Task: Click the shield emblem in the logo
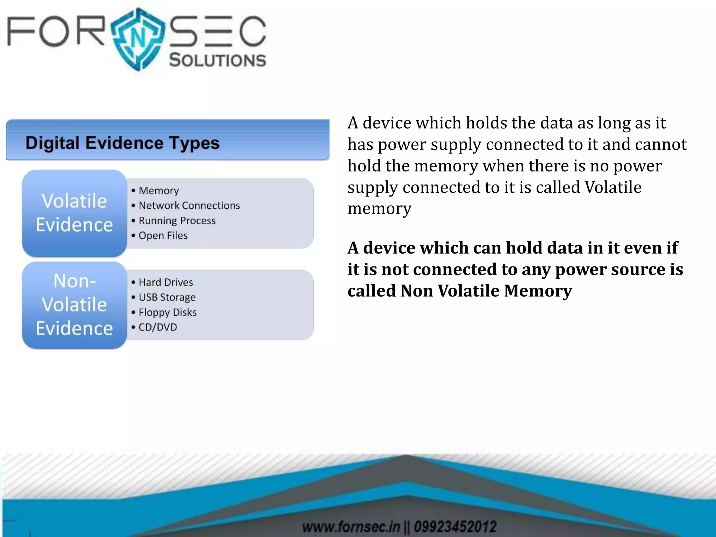coord(138,38)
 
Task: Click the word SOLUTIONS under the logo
coord(217,60)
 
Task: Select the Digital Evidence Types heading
coord(122,143)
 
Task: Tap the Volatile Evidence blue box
coord(74,213)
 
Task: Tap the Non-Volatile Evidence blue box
coord(74,305)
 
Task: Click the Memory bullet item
coord(158,191)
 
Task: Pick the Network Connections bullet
coord(189,206)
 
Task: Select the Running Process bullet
coord(177,221)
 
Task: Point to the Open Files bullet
coord(163,236)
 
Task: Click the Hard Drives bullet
coord(166,282)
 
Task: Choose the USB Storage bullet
coord(167,297)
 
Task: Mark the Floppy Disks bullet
coord(167,312)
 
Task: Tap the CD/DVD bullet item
coord(158,327)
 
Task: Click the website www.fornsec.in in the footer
coord(351,527)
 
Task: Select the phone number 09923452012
coord(455,527)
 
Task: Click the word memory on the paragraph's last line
coord(379,209)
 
